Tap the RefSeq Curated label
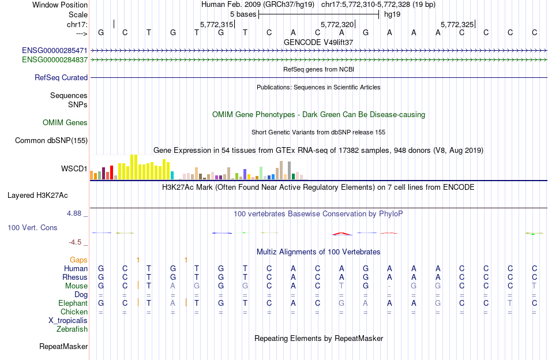click(x=61, y=77)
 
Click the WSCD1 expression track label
click(x=74, y=169)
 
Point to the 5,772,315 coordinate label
click(x=216, y=24)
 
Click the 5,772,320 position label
click(x=337, y=24)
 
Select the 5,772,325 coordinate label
click(x=457, y=24)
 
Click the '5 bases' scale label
click(x=243, y=14)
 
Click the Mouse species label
click(x=77, y=286)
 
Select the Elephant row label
click(x=73, y=303)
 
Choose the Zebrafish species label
click(x=72, y=329)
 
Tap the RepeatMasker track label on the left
click(x=63, y=347)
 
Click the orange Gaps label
click(x=78, y=260)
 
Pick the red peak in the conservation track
click(x=341, y=233)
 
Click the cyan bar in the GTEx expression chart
click(x=172, y=175)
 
